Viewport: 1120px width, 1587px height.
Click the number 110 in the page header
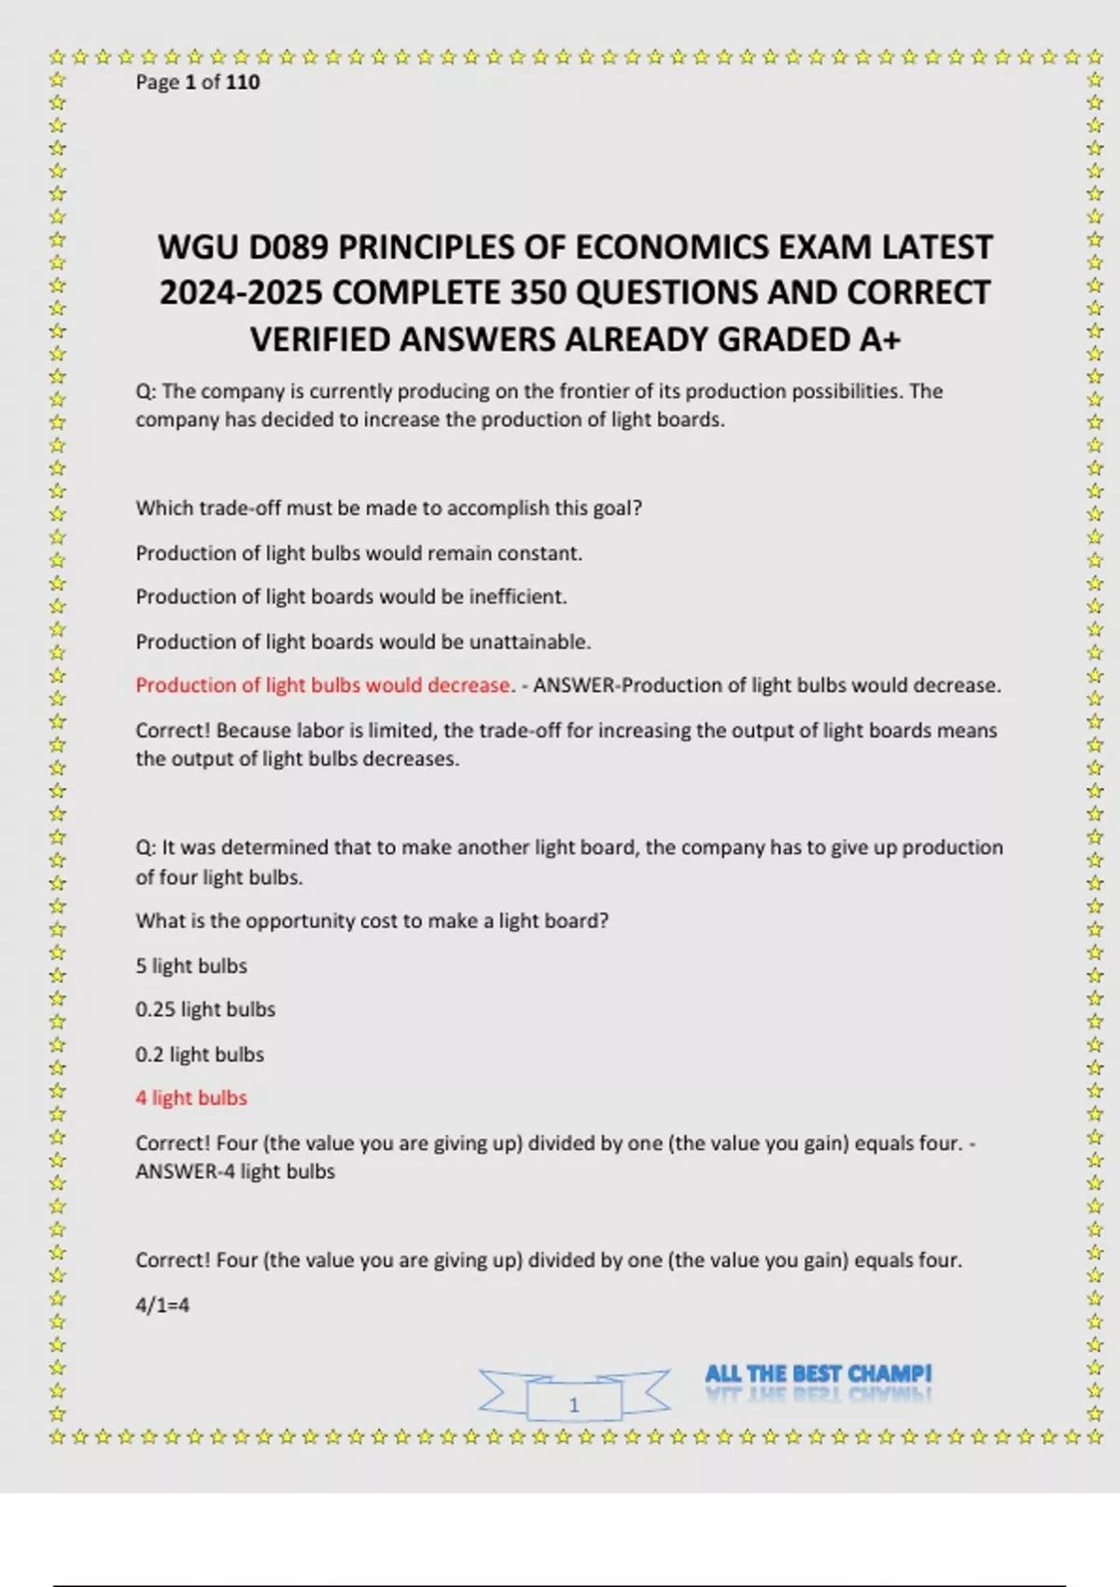(x=243, y=82)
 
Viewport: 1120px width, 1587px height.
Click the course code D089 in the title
(x=289, y=247)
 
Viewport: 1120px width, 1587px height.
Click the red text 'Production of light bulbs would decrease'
(x=323, y=685)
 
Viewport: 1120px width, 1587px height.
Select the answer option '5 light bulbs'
(x=191, y=965)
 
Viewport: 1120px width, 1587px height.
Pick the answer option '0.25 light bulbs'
(x=205, y=1009)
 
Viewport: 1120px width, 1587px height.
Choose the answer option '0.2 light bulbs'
(x=200, y=1054)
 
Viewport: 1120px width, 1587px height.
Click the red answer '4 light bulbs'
(x=191, y=1098)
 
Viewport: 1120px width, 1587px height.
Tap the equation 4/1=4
(x=162, y=1305)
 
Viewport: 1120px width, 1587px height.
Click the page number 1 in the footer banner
(x=574, y=1404)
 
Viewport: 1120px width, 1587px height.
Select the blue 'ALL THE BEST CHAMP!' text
(x=818, y=1373)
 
